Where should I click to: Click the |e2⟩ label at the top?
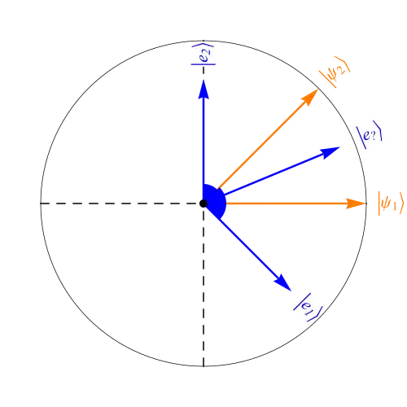[203, 54]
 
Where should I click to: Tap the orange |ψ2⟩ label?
[335, 72]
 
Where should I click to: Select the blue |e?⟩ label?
[370, 134]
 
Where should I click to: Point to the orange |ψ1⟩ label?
[391, 203]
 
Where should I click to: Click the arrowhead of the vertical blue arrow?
[203, 89]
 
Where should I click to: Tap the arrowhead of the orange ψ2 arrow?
[310, 97]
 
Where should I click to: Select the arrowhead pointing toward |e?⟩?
[330, 152]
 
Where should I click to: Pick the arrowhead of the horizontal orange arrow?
[356, 203]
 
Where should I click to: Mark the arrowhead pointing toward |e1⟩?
[283, 283]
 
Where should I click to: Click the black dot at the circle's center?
[203, 203]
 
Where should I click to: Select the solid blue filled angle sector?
[214, 201]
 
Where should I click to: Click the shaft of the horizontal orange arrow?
[287, 203]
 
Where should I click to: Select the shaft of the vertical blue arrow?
[203, 141]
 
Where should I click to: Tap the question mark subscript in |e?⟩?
[374, 136]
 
